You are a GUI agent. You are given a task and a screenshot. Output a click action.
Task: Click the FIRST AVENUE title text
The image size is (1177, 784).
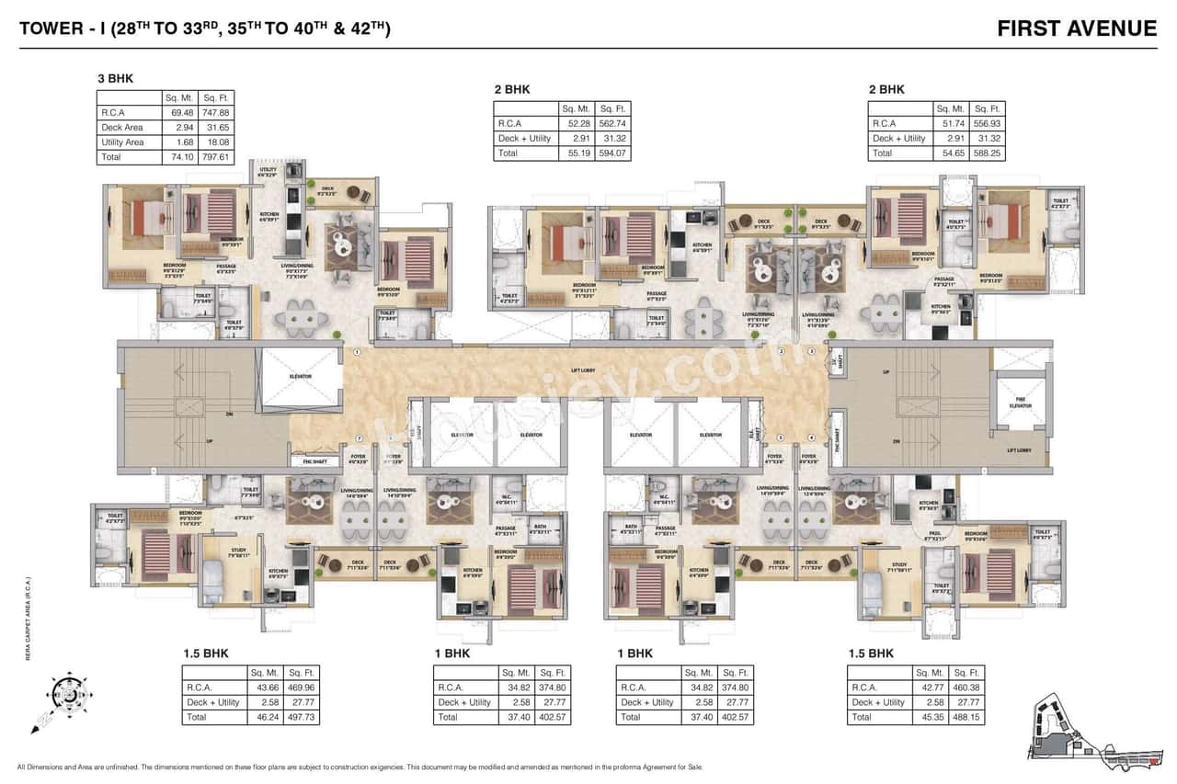click(x=1077, y=28)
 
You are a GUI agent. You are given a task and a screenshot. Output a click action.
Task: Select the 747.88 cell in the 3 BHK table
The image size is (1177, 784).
click(x=218, y=112)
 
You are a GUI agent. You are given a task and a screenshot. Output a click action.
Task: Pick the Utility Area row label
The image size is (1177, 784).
click(x=122, y=142)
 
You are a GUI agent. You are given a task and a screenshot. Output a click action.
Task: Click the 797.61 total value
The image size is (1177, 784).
click(x=218, y=157)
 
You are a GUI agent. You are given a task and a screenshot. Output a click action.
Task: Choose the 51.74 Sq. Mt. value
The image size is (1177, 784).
click(x=951, y=123)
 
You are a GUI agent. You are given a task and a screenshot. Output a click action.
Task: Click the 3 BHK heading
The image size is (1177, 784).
click(x=116, y=78)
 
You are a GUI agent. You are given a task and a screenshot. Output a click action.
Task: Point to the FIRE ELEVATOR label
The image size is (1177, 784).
click(x=1020, y=403)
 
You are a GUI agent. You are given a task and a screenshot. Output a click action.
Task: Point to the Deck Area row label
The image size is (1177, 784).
click(x=122, y=128)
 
